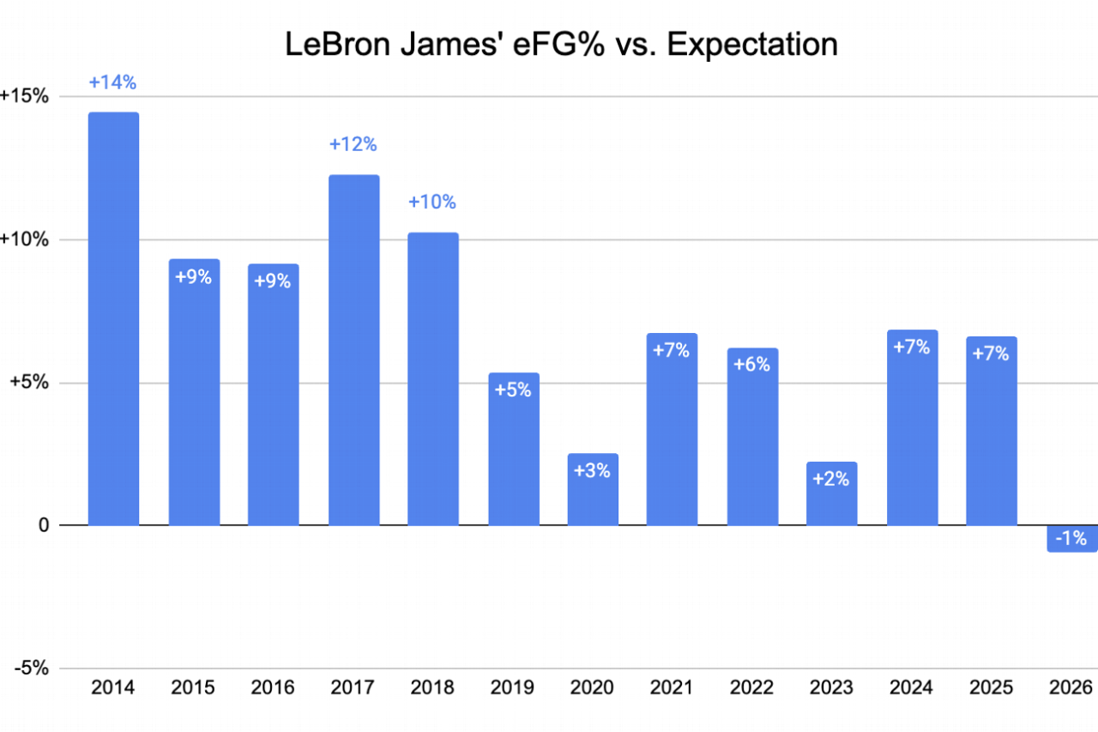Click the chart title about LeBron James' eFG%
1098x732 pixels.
pyautogui.click(x=562, y=44)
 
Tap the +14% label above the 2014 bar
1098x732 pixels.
pyautogui.click(x=113, y=83)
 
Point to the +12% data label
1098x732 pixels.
pyautogui.click(x=353, y=144)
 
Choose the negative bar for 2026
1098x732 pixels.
pyautogui.click(x=1071, y=538)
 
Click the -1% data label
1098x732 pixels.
pyautogui.click(x=1071, y=539)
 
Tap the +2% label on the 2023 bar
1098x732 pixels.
pyautogui.click(x=831, y=479)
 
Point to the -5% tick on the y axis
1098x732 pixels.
pyautogui.click(x=26, y=668)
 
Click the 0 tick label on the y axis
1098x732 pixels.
pyautogui.click(x=41, y=525)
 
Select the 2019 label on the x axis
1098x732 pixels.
pyautogui.click(x=513, y=688)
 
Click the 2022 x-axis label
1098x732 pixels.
pyautogui.click(x=752, y=688)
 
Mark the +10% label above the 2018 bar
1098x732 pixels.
pyautogui.click(x=432, y=203)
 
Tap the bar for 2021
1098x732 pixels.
pyautogui.click(x=672, y=429)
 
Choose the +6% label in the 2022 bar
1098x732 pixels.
pyautogui.click(x=752, y=364)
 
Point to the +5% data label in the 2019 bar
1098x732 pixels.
pyautogui.click(x=513, y=390)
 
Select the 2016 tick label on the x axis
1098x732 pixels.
pyautogui.click(x=273, y=688)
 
